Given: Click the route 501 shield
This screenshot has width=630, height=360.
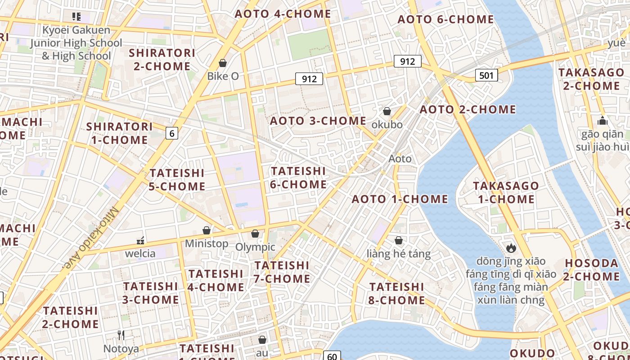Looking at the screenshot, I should (x=486, y=75).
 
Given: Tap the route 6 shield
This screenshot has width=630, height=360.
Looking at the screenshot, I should (x=171, y=133).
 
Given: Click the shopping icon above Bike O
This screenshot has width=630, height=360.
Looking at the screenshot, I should (x=223, y=63).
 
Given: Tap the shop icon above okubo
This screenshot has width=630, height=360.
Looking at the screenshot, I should (x=387, y=111).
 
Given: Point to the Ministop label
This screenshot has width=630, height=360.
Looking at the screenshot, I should (x=207, y=243).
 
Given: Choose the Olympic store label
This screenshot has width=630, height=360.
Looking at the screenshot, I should (x=255, y=247).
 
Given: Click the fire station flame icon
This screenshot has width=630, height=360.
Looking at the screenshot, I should (x=511, y=247).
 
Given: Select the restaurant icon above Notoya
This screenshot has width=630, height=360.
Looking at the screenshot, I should (x=121, y=335).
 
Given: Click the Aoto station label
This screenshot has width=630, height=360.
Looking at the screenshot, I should (x=400, y=158).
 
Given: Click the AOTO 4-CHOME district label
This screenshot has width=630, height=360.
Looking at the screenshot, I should (x=283, y=13).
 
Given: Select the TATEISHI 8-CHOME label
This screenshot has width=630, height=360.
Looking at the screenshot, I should (x=397, y=293).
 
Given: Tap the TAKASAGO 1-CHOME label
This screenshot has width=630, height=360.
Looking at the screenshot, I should (x=506, y=192).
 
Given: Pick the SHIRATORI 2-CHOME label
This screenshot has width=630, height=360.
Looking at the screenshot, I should (x=162, y=59).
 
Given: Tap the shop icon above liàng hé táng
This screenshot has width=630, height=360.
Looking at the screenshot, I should (x=398, y=241).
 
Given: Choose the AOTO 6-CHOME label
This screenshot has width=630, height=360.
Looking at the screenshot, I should (x=445, y=19).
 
